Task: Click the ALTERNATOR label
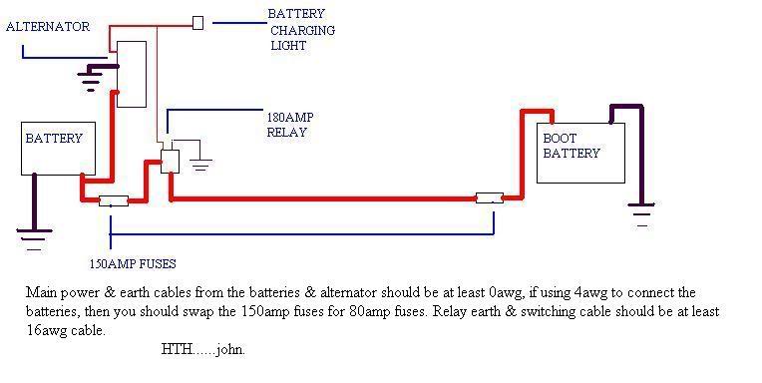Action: pos(48,27)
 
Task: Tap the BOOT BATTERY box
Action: pos(581,154)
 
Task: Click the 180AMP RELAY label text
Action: pos(289,124)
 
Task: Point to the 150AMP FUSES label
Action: pos(132,264)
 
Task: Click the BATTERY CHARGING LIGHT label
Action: pos(301,30)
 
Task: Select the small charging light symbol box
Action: pos(197,22)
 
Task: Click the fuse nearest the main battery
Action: pos(112,200)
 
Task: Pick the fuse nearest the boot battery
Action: pos(489,198)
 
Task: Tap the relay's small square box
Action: pos(170,161)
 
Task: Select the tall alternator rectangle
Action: pos(132,74)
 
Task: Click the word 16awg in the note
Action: pos(45,330)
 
